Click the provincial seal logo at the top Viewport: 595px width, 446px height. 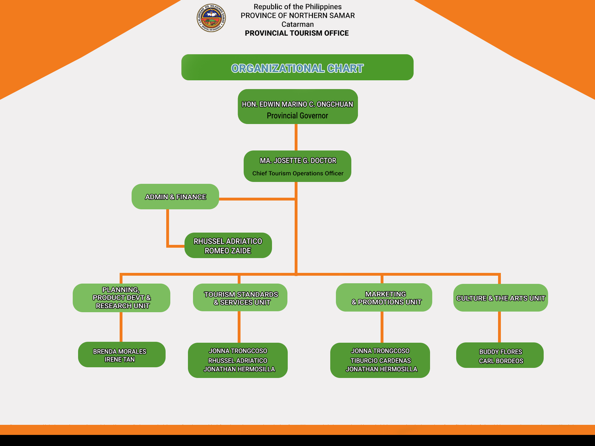[x=211, y=18]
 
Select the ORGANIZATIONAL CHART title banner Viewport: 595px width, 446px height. [x=297, y=68]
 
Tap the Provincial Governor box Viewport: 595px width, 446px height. [x=297, y=107]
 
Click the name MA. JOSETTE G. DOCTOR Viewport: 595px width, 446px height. [x=298, y=161]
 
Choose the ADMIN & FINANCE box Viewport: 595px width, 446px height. [x=175, y=197]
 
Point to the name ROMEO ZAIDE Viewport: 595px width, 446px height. [x=228, y=251]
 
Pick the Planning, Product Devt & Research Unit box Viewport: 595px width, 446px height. [x=122, y=298]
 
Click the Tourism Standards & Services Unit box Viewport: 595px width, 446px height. [x=240, y=298]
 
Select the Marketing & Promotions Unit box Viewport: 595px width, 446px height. [x=384, y=298]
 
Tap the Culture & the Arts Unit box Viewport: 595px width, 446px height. [x=501, y=298]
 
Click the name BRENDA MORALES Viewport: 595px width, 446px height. [x=119, y=351]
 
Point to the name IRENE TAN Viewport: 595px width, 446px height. [x=119, y=359]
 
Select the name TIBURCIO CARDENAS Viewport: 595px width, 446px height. [x=380, y=361]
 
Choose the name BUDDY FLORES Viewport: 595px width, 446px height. [x=501, y=352]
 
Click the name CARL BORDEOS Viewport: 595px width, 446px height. [x=501, y=361]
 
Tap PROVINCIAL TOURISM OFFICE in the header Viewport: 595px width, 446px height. [x=297, y=33]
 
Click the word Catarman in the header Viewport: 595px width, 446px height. [x=297, y=24]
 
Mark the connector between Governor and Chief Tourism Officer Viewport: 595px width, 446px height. [x=296, y=137]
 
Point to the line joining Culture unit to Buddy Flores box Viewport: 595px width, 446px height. [x=499, y=327]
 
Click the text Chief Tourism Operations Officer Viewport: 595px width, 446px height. [x=298, y=173]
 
